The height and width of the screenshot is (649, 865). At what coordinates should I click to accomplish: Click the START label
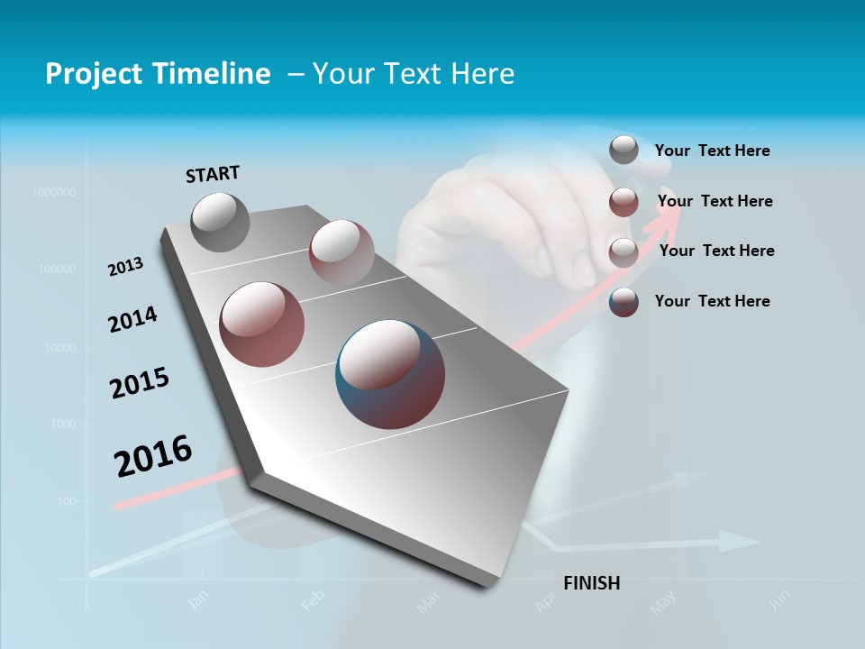(213, 174)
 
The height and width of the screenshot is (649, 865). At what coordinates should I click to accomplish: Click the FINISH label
(592, 583)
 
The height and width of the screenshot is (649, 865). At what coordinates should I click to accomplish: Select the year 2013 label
(126, 267)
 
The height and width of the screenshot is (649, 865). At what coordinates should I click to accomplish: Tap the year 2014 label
(132, 319)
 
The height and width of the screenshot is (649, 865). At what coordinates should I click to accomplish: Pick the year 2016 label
(153, 456)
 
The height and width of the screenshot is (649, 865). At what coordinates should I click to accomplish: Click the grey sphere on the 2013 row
(221, 222)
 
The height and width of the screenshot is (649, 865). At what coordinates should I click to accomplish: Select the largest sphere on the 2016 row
(390, 374)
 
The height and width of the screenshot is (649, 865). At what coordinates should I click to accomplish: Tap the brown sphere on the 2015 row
(262, 324)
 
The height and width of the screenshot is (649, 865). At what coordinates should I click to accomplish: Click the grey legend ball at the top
(624, 151)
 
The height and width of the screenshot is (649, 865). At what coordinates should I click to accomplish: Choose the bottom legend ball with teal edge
(624, 302)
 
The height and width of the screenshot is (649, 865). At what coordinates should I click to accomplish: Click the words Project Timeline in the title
(158, 74)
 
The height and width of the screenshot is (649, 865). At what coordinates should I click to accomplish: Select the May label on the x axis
(663, 603)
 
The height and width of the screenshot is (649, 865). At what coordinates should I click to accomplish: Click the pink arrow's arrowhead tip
(680, 197)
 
